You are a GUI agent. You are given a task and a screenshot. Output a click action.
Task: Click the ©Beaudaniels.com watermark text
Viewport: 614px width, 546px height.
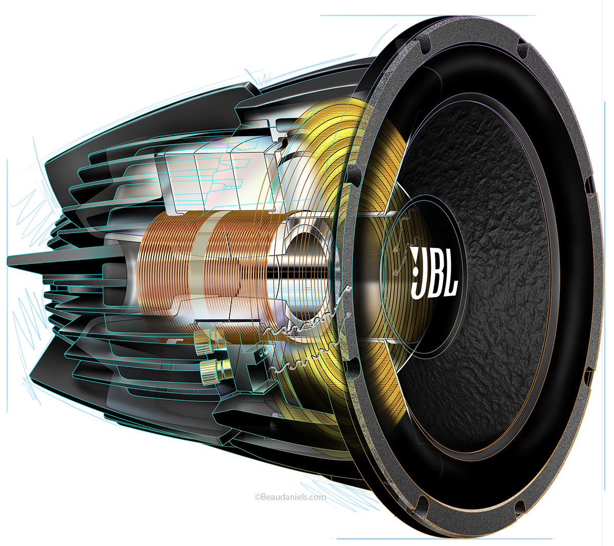tap(290, 496)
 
